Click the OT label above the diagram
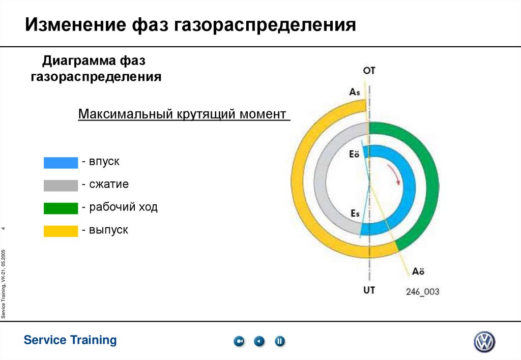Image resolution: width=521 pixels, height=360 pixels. [x=369, y=71]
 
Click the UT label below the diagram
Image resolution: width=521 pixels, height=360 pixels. [x=369, y=290]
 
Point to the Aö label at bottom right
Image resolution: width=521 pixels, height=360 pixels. [x=418, y=272]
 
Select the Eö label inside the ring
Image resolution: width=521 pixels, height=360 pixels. [x=354, y=155]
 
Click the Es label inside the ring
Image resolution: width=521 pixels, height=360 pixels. [x=355, y=214]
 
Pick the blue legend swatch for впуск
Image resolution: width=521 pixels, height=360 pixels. [x=61, y=162]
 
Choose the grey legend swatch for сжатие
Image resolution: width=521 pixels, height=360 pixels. [x=61, y=185]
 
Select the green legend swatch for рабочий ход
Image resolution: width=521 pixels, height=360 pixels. [x=61, y=208]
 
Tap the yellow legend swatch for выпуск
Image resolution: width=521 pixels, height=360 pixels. [x=61, y=231]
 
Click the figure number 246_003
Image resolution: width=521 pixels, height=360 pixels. [x=422, y=292]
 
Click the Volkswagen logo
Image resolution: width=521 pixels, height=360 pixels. [x=484, y=342]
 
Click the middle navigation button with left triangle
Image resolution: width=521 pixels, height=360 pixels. [x=259, y=341]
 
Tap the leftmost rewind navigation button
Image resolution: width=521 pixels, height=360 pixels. [x=239, y=341]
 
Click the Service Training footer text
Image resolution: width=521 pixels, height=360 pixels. [x=70, y=340]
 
